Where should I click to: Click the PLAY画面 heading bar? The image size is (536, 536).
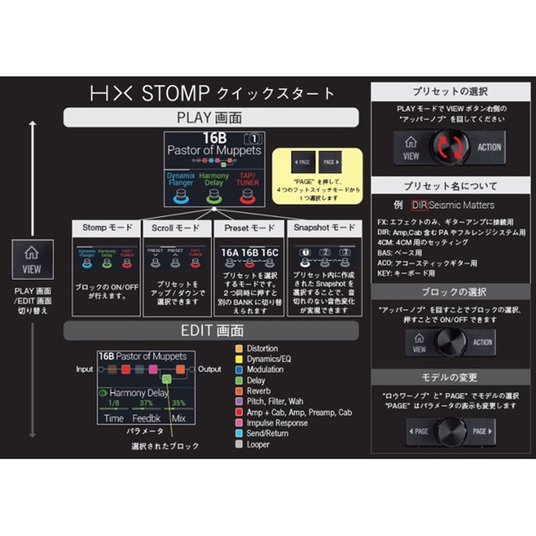(212, 117)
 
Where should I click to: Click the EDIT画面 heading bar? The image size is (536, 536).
(212, 331)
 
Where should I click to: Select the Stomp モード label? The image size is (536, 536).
(105, 228)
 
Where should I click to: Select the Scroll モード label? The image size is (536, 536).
(175, 228)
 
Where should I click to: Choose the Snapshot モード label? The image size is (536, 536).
(321, 228)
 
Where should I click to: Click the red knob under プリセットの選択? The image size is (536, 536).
(445, 148)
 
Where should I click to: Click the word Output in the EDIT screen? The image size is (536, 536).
(211, 368)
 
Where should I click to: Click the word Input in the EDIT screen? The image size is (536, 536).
(85, 368)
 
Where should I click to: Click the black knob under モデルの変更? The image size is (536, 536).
(445, 431)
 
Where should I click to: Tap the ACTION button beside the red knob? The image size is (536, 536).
(489, 148)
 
